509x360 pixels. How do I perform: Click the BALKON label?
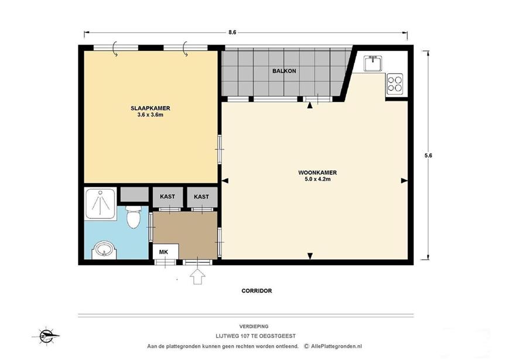pos(284,71)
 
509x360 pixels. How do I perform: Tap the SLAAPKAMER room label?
pos(151,108)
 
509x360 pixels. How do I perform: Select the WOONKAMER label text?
pos(317,173)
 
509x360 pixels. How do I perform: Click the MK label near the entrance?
pos(163,252)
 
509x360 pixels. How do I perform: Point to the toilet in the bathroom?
pos(134,217)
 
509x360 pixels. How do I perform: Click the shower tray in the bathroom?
pos(100,203)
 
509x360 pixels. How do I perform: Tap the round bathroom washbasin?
pos(104,250)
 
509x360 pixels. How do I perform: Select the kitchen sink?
pos(373,63)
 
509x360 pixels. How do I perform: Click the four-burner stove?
pos(395,84)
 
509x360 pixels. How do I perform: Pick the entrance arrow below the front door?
pos(198,277)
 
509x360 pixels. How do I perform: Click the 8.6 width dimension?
pos(232,32)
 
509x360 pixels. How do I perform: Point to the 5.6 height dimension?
pos(428,155)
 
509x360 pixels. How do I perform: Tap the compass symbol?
pos(46,336)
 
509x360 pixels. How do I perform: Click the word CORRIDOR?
pos(257,291)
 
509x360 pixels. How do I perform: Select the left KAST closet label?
pos(168,197)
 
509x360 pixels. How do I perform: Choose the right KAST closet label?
pos(201,197)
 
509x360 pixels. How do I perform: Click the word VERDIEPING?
pos(254,327)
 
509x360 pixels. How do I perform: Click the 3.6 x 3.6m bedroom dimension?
pos(151,115)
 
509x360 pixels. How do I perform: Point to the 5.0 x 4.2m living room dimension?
pos(317,179)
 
